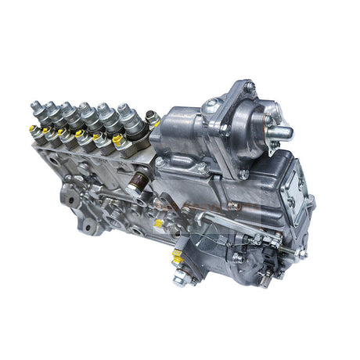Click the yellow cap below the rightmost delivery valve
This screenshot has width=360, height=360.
tap(117, 141)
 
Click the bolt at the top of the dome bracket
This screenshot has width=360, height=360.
tap(249, 85)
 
